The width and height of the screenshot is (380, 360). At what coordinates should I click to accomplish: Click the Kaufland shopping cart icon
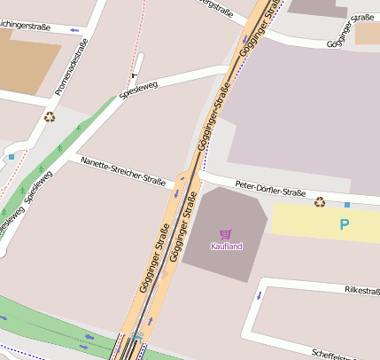click(x=225, y=234)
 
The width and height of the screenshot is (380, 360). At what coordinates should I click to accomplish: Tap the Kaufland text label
click(x=225, y=246)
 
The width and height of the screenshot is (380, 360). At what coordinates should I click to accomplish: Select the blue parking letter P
click(x=344, y=225)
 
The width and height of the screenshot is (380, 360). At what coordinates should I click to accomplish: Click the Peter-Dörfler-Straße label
click(x=270, y=188)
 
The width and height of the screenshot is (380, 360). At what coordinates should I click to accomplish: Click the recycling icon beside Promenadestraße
click(x=50, y=115)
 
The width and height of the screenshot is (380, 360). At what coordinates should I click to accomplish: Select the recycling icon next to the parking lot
click(x=320, y=202)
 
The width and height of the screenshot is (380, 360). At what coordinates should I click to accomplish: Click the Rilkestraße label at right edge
click(x=361, y=290)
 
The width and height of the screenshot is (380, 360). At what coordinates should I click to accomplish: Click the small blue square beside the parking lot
click(x=347, y=205)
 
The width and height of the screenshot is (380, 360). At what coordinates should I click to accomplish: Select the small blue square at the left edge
click(x=11, y=156)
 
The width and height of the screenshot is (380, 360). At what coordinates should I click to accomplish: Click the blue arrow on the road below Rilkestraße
click(x=260, y=294)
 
